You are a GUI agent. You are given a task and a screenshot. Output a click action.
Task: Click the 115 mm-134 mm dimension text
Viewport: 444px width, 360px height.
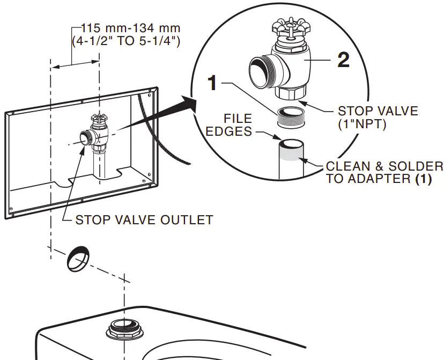[x=131, y=27]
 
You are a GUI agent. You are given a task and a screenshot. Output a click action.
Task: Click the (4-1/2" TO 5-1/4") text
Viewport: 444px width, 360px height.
[x=126, y=40]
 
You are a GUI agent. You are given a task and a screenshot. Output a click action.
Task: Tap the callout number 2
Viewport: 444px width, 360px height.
[x=343, y=60]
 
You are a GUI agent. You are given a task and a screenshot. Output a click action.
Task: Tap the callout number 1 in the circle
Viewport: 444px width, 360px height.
[x=213, y=83]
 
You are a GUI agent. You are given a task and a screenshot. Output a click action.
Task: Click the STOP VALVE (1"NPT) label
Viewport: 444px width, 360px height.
[x=378, y=117]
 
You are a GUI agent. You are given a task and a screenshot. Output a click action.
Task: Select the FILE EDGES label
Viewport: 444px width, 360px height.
[x=238, y=124]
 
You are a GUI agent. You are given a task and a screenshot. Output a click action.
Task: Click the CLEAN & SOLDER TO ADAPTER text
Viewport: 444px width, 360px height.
[x=384, y=172]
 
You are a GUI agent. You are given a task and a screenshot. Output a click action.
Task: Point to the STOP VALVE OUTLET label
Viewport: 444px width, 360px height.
[x=144, y=220]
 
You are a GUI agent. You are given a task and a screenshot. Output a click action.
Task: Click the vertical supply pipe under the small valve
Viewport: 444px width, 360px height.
[x=100, y=164]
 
